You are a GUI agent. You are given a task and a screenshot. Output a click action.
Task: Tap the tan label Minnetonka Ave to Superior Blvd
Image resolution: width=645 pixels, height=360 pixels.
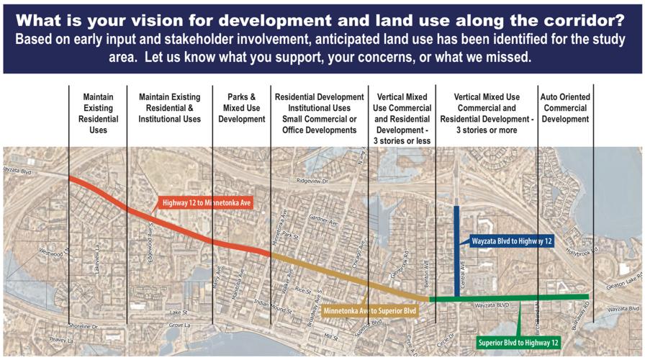coord(370,311)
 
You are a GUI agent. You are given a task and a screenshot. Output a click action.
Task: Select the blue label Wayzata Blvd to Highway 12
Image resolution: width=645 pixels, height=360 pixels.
coord(512,241)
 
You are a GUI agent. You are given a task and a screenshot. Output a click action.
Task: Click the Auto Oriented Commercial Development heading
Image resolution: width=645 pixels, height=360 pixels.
coord(565,108)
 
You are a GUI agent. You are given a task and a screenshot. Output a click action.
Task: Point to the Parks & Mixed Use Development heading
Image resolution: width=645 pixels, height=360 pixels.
coord(242,108)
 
